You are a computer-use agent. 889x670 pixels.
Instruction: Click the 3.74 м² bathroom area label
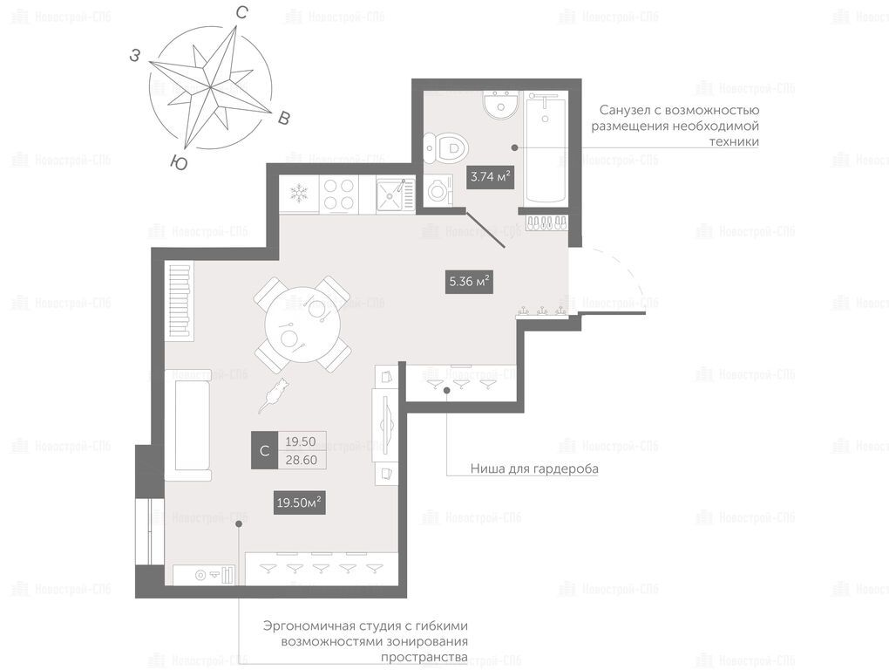pos(490,176)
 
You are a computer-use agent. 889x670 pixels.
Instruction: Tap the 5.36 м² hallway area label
pos(469,281)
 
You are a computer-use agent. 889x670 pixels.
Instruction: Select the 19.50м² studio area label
pos(299,502)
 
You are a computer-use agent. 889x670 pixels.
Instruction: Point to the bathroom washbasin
pos(501,103)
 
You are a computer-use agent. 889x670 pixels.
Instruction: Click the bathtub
pos(546,147)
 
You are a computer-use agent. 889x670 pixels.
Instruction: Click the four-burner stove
pos(338,194)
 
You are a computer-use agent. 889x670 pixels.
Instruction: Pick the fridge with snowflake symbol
pos(299,194)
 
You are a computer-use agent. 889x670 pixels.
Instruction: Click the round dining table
pos(301,325)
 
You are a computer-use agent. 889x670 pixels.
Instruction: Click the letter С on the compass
pos(242,13)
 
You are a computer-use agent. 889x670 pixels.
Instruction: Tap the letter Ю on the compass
pos(180,163)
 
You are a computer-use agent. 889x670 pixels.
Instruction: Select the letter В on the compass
pos(284,118)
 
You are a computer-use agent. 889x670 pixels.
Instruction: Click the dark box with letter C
pos(265,450)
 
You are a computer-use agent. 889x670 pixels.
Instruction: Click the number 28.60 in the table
pos(301,460)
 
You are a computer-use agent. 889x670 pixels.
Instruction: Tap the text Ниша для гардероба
pos(534,469)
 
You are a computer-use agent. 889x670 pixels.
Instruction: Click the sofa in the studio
pos(188,426)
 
